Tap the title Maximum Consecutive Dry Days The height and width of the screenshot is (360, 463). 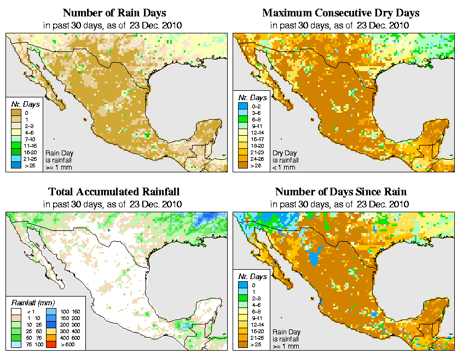coord(341,13)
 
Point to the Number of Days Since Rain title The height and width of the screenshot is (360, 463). coord(341,192)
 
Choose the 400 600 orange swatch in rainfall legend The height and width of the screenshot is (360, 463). coord(49,339)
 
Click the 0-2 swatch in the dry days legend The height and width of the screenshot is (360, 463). coord(242,104)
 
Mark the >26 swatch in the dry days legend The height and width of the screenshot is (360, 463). coord(242,166)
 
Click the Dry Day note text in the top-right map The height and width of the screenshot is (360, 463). coord(285,160)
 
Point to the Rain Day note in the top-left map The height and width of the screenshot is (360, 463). coord(59,160)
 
